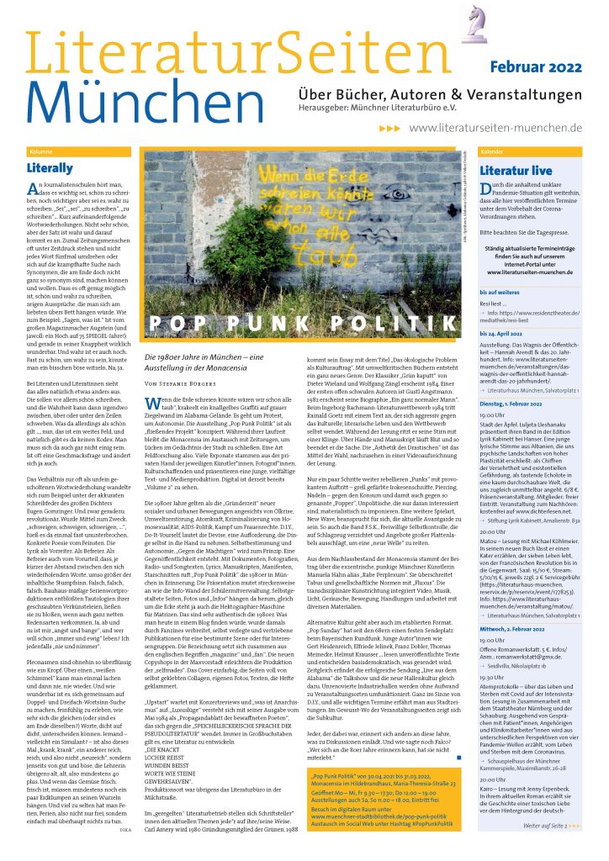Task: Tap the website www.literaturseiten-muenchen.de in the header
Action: pyautogui.click(x=495, y=127)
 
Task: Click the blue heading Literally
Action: pyautogui.click(x=50, y=168)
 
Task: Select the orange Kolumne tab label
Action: pyautogui.click(x=41, y=151)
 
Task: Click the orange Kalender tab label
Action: pyautogui.click(x=493, y=151)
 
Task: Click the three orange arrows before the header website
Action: pyautogui.click(x=389, y=128)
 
